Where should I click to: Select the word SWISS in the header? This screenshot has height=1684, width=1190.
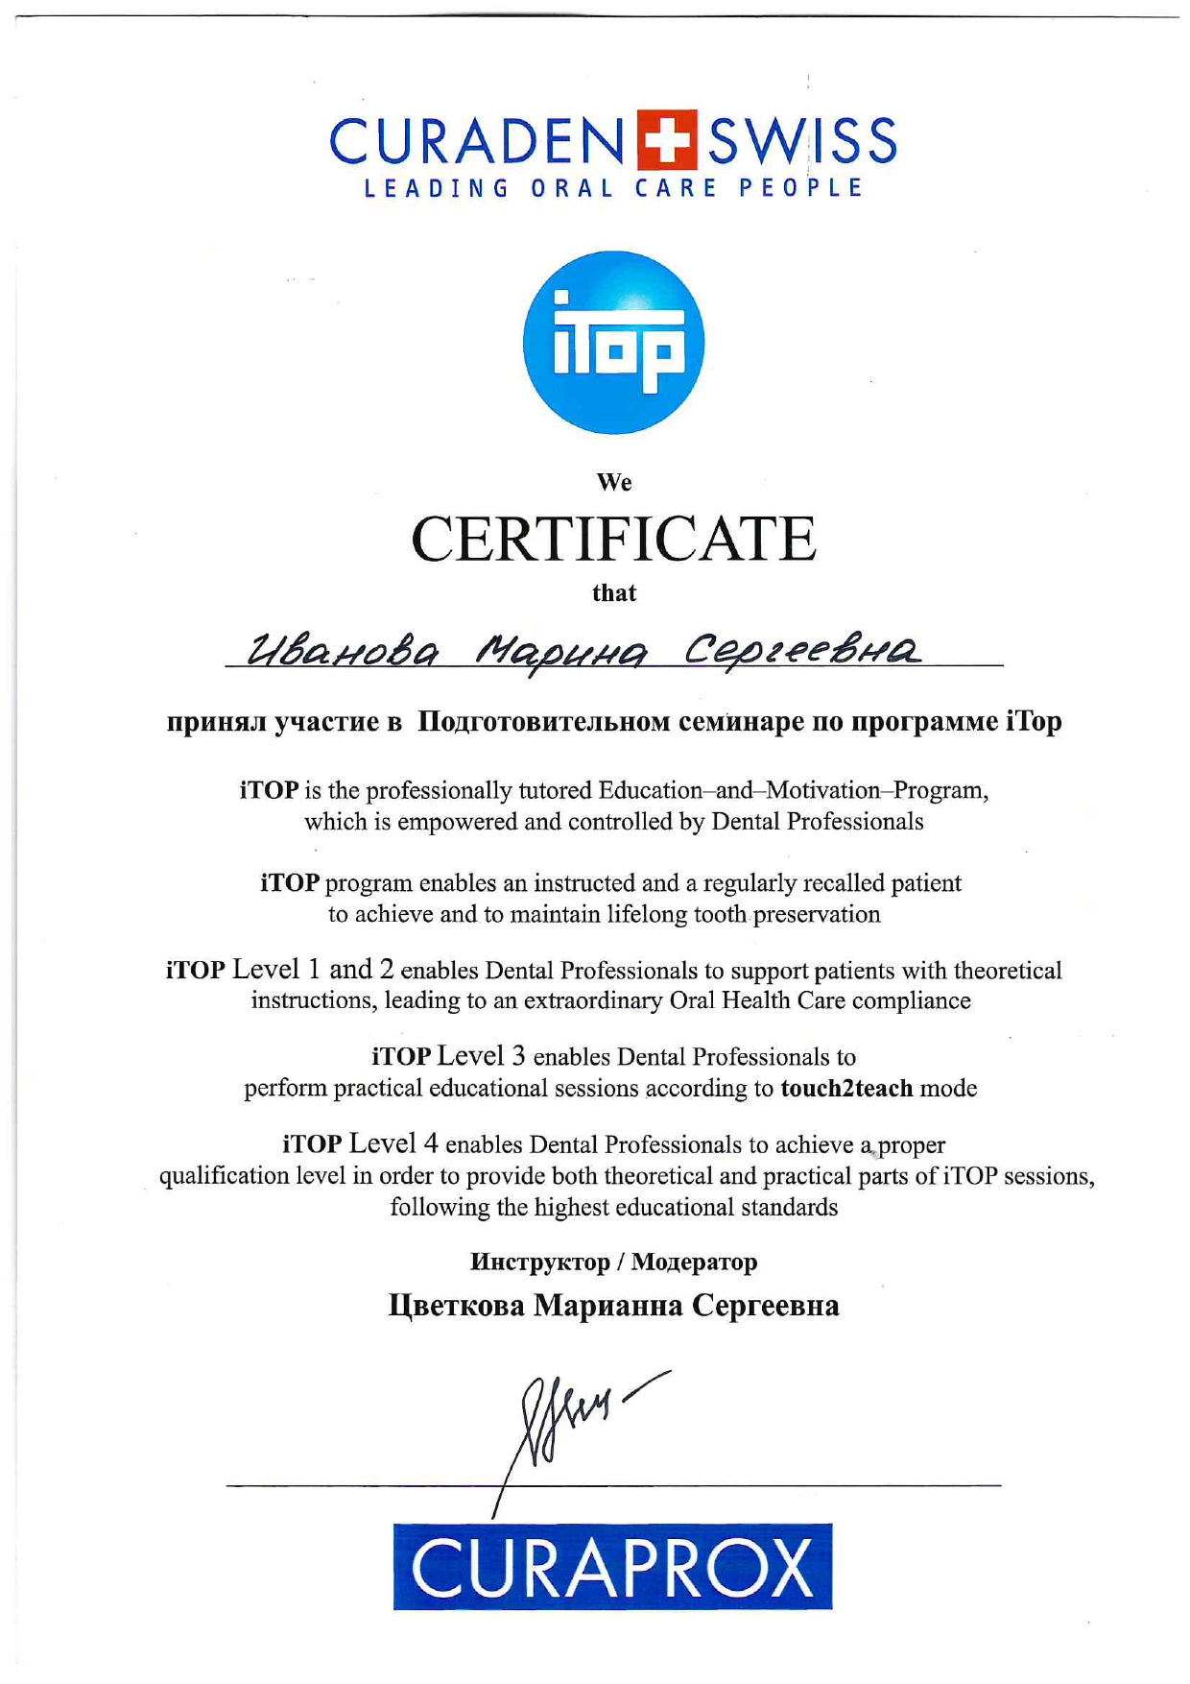pos(802,142)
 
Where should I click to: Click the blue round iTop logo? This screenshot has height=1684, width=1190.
pos(613,343)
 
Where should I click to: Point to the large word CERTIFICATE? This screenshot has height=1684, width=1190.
pos(613,540)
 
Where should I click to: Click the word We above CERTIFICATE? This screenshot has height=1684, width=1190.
pos(613,482)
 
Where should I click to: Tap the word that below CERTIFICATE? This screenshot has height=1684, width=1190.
pos(613,592)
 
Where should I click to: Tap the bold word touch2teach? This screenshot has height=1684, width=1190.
pos(846,1089)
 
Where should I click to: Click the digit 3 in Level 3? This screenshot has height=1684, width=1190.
pos(518,1056)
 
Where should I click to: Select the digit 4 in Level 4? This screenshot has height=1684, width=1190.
pos(431,1143)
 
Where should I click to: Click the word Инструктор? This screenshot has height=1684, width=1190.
pos(539,1262)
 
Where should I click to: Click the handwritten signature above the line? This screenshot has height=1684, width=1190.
pos(576,1416)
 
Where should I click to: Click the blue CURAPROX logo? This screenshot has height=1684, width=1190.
pos(612,1566)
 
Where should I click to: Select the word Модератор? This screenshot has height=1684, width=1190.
pos(695,1262)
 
